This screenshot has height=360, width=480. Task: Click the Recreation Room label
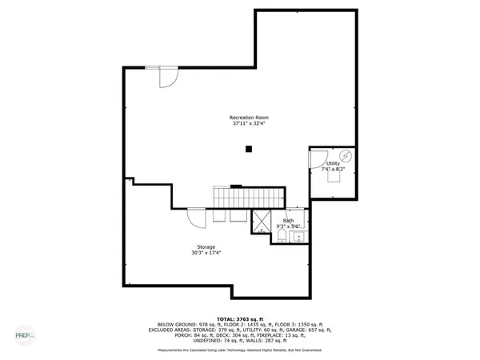[x=250, y=118]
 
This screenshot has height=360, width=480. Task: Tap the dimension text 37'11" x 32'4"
[x=250, y=124]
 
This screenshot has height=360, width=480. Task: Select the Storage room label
[x=206, y=246]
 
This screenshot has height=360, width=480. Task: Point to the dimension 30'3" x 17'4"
[x=206, y=253]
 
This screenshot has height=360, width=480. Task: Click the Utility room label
[x=332, y=163]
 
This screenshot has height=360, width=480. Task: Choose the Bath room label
[x=288, y=220]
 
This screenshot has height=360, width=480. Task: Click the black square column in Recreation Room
[x=250, y=147]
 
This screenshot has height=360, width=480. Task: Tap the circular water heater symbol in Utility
[x=346, y=154]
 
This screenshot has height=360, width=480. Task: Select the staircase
[x=248, y=196]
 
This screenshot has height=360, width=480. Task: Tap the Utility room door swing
[x=318, y=158]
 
